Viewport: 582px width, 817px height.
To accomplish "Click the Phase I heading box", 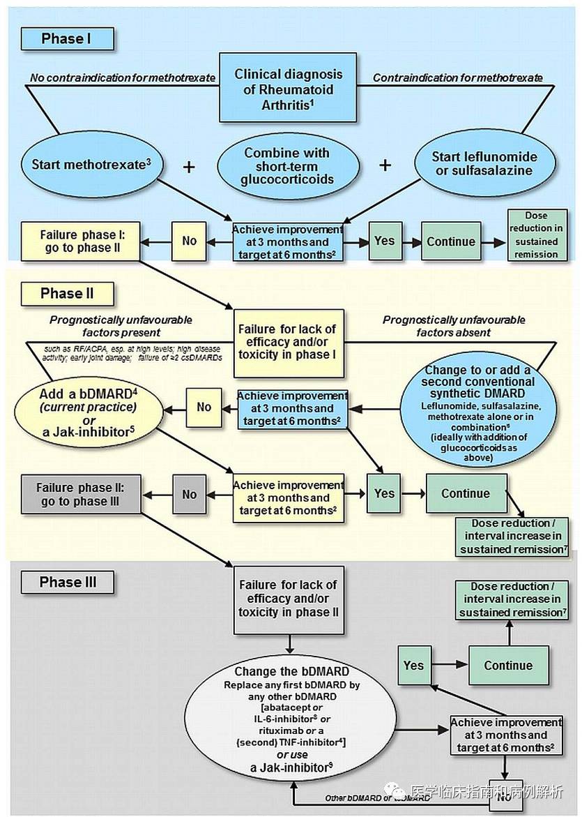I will (66, 38).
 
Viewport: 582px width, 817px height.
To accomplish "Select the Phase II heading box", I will (67, 293).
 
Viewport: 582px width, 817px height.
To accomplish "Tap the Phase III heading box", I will (68, 583).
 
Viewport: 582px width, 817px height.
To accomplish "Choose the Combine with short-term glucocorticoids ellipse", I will (288, 165).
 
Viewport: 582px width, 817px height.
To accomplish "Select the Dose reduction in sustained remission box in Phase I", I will (537, 235).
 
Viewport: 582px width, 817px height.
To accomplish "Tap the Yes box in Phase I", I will (385, 241).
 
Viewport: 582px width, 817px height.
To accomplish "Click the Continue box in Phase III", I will (508, 666).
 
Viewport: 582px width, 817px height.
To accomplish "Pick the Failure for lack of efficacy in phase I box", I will (288, 342).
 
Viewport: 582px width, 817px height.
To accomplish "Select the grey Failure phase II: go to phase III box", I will (79, 494).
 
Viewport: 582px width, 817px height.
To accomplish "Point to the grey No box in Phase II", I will (189, 494).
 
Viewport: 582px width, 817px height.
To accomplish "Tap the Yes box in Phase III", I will (413, 665).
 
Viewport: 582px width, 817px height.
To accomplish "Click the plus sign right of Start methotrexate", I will (188, 166).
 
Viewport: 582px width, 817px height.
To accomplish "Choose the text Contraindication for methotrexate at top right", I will (457, 77).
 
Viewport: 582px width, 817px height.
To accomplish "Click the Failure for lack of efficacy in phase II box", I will (288, 599).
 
